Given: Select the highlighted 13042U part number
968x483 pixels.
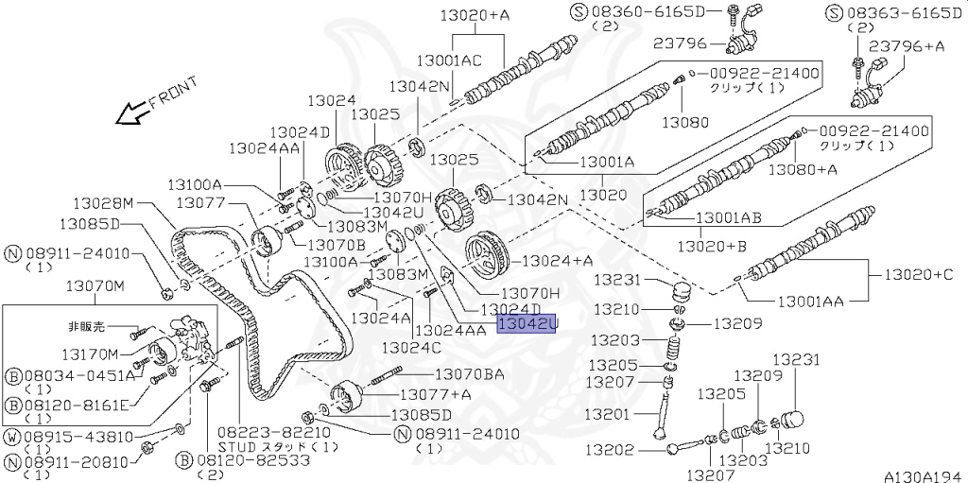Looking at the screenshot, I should coord(527,324).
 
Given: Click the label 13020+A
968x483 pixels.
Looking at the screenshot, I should coord(475,14).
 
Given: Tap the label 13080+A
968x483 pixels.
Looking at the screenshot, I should coord(802,170).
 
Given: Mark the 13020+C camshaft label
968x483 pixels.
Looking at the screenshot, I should coord(918,275).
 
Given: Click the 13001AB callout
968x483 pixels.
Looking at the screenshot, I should coord(729,217).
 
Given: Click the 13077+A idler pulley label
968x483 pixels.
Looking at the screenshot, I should coord(435,394).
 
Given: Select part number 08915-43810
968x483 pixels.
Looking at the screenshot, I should coord(66,438).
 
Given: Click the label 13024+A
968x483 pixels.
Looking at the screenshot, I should coord(558,260).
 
